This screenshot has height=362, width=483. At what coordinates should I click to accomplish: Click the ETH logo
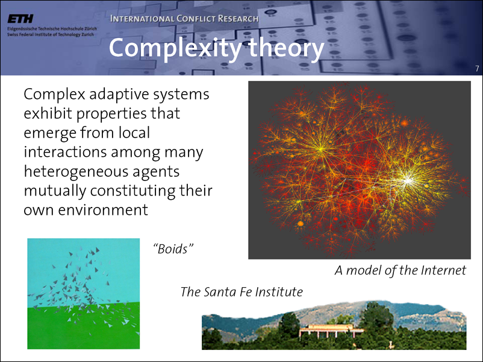[20, 19]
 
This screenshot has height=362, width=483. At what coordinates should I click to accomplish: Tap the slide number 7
[477, 69]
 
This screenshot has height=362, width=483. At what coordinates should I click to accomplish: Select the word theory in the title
[287, 48]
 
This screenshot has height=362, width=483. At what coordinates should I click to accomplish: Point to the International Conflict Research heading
[184, 19]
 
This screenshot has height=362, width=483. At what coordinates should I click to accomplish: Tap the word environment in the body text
[103, 210]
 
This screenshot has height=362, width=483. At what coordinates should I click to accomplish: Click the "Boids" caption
[173, 249]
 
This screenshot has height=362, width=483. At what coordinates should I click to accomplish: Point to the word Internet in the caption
[444, 270]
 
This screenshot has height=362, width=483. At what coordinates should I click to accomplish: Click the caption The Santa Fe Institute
[241, 292]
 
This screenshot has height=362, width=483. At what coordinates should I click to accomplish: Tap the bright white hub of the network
[408, 180]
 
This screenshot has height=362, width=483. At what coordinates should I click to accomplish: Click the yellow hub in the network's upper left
[321, 150]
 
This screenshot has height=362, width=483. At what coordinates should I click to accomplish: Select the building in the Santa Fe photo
[331, 331]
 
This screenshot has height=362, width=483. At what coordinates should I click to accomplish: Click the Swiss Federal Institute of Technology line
[51, 34]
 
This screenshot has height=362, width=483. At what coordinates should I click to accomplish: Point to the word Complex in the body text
[54, 95]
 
